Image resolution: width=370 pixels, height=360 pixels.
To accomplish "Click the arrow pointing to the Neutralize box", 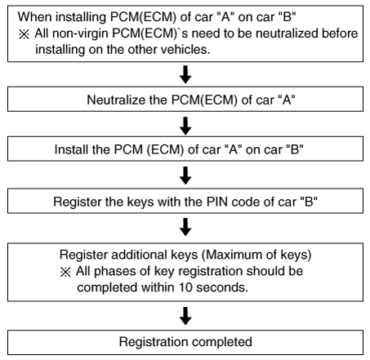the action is pos(185,74).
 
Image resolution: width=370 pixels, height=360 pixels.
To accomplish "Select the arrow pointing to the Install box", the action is pos(185,126).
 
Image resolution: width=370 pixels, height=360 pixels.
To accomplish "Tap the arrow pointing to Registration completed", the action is pos(185,316).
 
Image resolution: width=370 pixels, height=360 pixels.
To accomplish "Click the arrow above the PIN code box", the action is pos(185,176).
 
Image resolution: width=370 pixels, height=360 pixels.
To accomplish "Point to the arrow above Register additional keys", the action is pos(185,227).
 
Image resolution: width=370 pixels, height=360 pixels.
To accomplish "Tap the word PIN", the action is pos(216,202).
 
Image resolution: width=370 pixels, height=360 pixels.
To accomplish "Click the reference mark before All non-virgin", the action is pos(24,34).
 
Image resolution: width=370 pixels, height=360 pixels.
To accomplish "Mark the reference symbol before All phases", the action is pos(65,272).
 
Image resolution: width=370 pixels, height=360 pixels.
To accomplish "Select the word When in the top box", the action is pos(35,17).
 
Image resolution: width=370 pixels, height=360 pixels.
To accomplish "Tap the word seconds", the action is pos(222,287).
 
